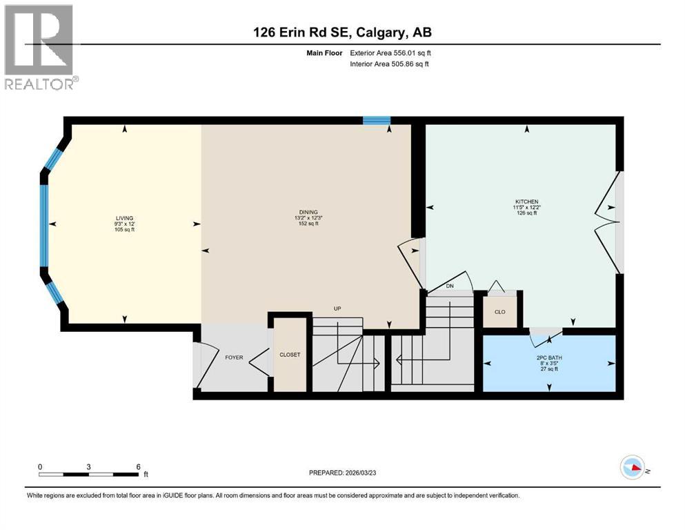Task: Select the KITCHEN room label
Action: click(526, 202)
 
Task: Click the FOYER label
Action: click(234, 357)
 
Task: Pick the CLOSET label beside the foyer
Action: click(290, 355)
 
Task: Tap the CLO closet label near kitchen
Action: click(500, 312)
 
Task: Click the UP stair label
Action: click(337, 308)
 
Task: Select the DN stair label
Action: click(450, 285)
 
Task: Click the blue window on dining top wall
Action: click(377, 121)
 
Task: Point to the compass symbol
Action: click(633, 467)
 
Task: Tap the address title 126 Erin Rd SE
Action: click(342, 32)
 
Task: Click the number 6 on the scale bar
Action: click(139, 467)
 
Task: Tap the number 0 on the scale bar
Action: click(40, 467)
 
